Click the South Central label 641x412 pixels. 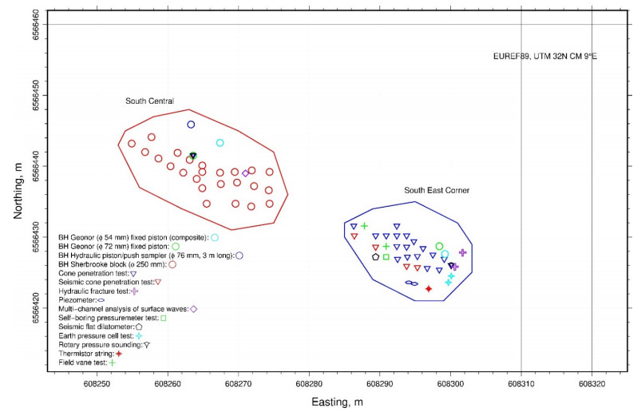tap(149, 101)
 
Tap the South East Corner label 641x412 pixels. tap(437, 191)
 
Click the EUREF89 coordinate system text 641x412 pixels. tap(546, 56)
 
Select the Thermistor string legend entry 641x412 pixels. tap(89, 353)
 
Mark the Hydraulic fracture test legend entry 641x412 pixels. tap(96, 291)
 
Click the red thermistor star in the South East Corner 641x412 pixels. tap(429, 288)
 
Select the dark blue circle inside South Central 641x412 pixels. tap(191, 125)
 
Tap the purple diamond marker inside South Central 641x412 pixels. tap(246, 173)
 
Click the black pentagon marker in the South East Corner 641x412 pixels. tap(375, 257)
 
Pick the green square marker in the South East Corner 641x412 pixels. tap(386, 257)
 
